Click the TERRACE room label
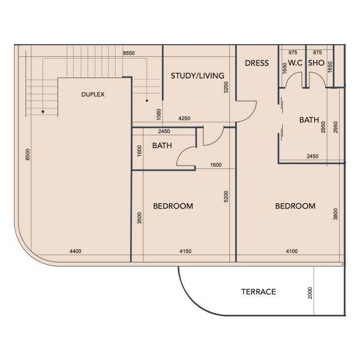(258, 292)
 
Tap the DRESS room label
(257, 63)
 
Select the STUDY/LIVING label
(197, 75)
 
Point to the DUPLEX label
(93, 95)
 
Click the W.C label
(295, 63)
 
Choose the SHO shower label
(316, 63)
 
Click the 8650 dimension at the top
(128, 53)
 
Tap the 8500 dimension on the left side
(27, 154)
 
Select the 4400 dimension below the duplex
(75, 251)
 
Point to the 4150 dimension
(185, 251)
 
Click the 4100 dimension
(291, 251)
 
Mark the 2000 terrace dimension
(310, 293)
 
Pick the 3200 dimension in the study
(226, 87)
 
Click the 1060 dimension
(159, 114)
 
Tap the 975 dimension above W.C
(293, 53)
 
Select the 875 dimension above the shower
(317, 53)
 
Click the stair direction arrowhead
(43, 112)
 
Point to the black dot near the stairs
(147, 100)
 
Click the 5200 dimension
(226, 196)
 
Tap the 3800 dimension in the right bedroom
(336, 214)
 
